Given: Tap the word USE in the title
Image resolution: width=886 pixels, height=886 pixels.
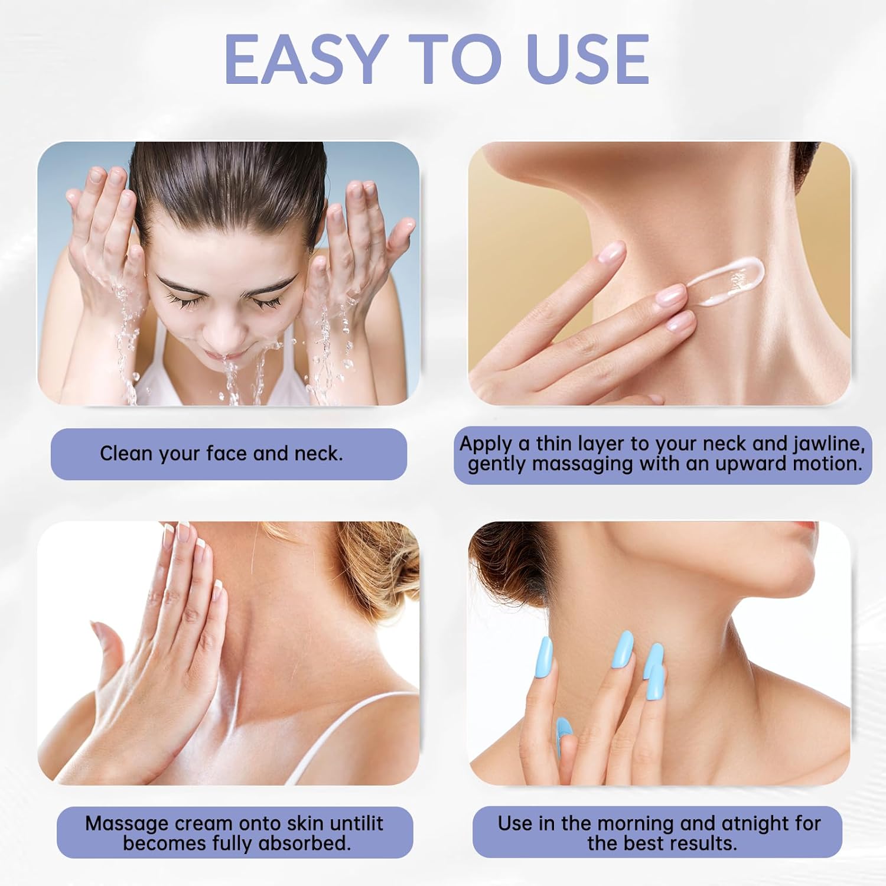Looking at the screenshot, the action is click(588, 58).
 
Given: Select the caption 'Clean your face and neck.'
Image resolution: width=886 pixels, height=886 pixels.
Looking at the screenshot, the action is click(221, 454).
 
